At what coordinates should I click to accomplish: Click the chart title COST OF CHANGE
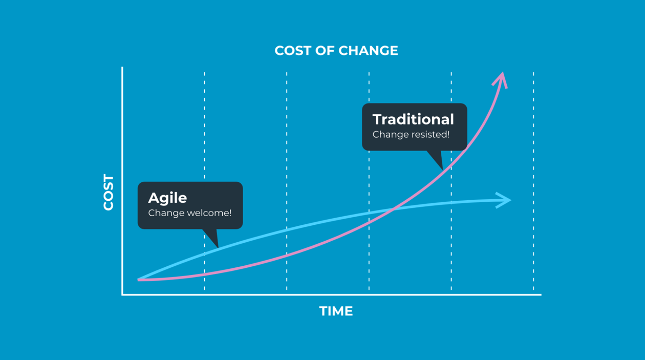pos(336,51)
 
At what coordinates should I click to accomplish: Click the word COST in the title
pos(292,51)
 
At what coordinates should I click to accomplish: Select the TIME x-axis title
pos(336,311)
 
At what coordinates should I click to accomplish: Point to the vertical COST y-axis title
pos(109,193)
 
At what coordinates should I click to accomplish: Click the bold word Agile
pos(167,198)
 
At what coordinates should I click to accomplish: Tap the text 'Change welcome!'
pos(189,213)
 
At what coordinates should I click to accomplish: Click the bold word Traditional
pos(413,119)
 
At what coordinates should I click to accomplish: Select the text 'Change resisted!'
pos(411,135)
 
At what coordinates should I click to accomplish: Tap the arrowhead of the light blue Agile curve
pos(505,200)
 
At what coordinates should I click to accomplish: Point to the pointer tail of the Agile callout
pos(212,239)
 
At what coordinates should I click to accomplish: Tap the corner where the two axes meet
pos(122,294)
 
